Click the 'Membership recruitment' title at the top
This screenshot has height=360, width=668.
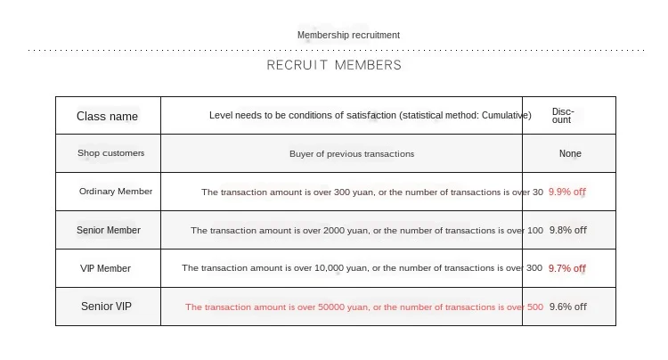348,35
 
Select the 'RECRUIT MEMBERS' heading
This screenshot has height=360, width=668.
334,65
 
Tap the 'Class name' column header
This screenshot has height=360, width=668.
107,116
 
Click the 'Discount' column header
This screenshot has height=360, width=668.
563,116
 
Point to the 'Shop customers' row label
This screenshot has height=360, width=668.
110,153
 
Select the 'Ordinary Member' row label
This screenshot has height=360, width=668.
116,192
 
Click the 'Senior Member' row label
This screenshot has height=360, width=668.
109,230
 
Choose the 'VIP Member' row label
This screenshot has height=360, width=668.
105,268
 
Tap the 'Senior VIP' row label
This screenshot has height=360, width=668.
106,307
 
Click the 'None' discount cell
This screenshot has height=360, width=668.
570,153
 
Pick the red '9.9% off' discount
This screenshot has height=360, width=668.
567,192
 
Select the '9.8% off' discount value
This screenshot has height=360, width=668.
567,230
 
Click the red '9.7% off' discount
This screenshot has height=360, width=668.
567,268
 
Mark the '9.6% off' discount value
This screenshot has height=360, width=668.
567,307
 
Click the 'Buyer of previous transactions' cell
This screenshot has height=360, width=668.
352,153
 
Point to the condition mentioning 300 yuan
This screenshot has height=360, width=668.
371,192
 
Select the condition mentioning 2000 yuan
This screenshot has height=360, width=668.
366,230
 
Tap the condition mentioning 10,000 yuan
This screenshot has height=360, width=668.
362,268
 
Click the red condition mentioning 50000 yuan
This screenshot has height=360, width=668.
363,307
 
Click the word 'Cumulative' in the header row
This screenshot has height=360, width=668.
505,115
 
